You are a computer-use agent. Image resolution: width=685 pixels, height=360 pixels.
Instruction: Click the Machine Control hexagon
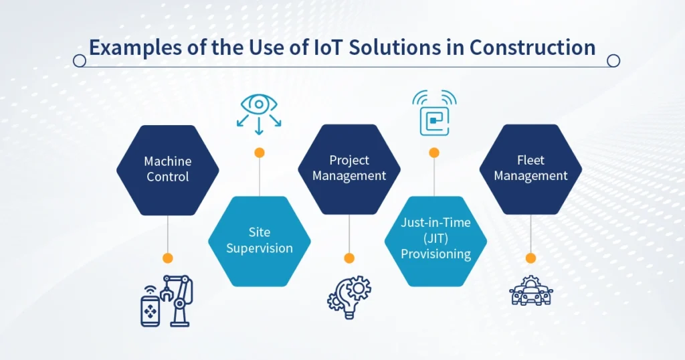pos(168,170)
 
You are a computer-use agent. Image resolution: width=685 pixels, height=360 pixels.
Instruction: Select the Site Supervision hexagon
pos(260,240)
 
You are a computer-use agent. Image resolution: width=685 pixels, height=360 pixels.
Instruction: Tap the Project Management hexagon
pos(349,169)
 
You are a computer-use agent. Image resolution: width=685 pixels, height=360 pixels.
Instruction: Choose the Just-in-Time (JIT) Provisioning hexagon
pos(436,239)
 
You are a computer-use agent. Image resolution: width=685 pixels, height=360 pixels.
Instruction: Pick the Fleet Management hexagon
pos(531,169)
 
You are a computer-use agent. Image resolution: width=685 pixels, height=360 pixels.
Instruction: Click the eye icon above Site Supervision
pos(259,111)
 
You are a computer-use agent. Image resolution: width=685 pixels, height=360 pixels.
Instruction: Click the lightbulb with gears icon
pos(349,296)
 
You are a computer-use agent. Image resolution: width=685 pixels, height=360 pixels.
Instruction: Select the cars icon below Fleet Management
pos(531,292)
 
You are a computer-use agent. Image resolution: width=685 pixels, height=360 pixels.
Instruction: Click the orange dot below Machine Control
pos(168,258)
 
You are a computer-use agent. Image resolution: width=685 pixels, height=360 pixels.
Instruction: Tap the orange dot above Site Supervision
pos(260,153)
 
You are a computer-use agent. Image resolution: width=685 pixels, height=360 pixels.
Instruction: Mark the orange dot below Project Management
pos(349,258)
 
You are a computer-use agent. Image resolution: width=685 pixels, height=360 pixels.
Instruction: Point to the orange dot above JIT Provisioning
pos(434,153)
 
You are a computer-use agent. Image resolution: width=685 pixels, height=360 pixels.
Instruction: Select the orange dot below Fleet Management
pos(530,258)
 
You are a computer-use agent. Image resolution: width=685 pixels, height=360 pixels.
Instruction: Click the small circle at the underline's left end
pos(79,61)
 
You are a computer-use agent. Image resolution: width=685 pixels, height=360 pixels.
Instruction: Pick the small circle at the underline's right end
pos(613,61)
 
